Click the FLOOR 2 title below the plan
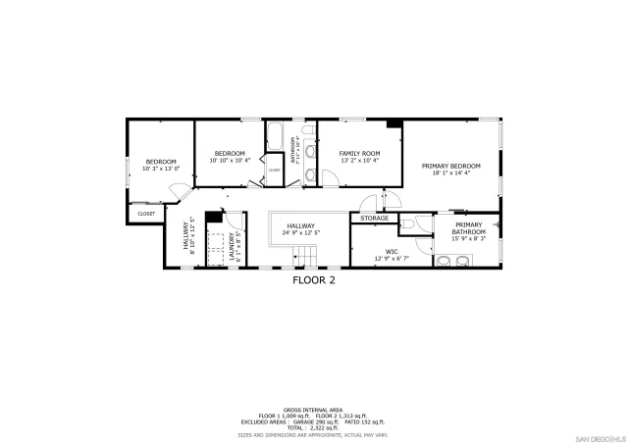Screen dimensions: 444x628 click(x=314, y=279)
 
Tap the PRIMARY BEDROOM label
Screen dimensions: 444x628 click(x=451, y=167)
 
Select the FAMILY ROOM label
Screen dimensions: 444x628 click(x=359, y=154)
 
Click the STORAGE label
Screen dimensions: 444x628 click(x=374, y=218)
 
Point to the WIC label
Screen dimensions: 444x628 click(x=392, y=252)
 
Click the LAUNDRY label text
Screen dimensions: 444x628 click(x=233, y=245)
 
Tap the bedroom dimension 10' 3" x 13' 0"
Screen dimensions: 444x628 click(x=161, y=168)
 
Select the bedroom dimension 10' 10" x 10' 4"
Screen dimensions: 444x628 click(x=230, y=160)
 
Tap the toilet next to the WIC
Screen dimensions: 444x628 click(x=408, y=224)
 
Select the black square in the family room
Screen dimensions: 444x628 click(x=393, y=124)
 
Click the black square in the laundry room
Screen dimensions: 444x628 click(x=211, y=217)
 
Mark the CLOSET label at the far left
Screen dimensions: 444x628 click(x=145, y=213)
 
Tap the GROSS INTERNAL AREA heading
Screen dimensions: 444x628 click(x=313, y=409)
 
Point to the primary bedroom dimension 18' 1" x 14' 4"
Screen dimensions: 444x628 click(x=451, y=173)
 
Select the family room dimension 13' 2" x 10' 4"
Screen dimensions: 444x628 click(x=359, y=161)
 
